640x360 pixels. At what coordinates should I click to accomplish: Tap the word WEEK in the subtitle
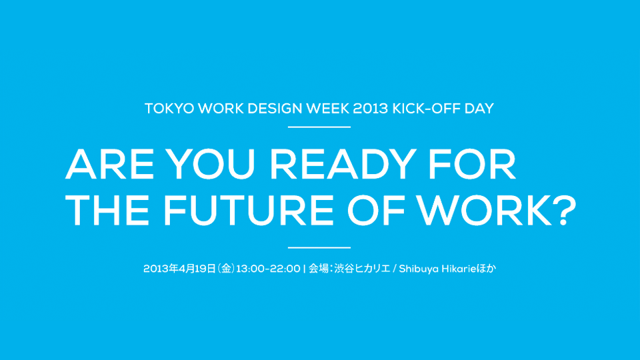tap(328, 109)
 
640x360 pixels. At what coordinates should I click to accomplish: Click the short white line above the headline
tap(319, 127)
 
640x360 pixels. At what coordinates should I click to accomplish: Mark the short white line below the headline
tap(319, 247)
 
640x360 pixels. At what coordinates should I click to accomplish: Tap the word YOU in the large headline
tap(209, 164)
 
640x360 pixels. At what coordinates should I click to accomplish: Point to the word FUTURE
tap(248, 210)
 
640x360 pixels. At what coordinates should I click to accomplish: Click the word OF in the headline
tap(376, 210)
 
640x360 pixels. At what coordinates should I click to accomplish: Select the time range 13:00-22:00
tap(268, 269)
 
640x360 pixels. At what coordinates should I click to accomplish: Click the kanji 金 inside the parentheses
tap(227, 269)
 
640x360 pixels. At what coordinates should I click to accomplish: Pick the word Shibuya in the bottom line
tap(419, 269)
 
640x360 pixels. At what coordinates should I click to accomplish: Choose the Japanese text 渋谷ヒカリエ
tap(362, 269)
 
